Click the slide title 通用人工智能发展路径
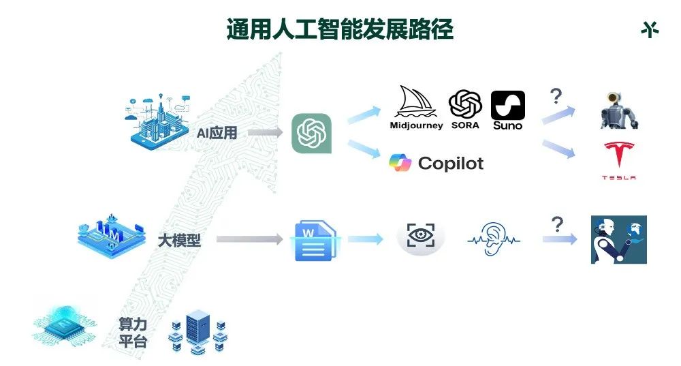pos(340,30)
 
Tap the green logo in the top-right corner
pos(650,30)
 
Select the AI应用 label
pos(217,133)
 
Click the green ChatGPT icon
pos(311,133)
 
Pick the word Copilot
pos(451,164)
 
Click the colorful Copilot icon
pos(400,163)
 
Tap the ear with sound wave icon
pos(494,239)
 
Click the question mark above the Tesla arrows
pos(556,95)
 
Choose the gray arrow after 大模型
pos(249,239)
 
